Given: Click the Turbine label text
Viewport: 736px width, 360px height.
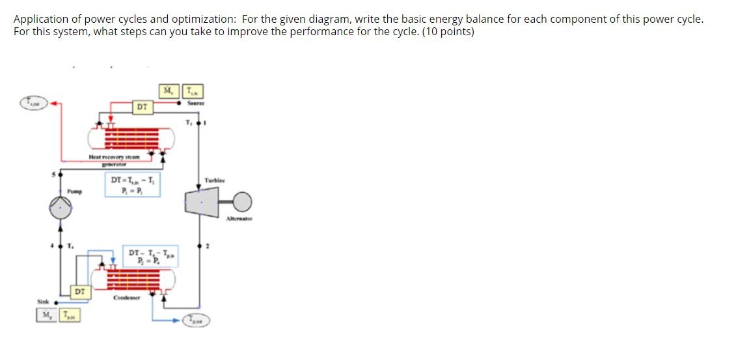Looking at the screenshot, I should point(214,180).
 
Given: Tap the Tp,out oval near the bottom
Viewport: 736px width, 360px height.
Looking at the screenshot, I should point(196,320).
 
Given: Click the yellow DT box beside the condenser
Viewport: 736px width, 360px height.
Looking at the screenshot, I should point(79,292).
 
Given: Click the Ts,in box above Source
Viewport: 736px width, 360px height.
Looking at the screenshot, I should point(194,91).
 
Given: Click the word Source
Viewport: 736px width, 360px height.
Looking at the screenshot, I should point(196,103).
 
